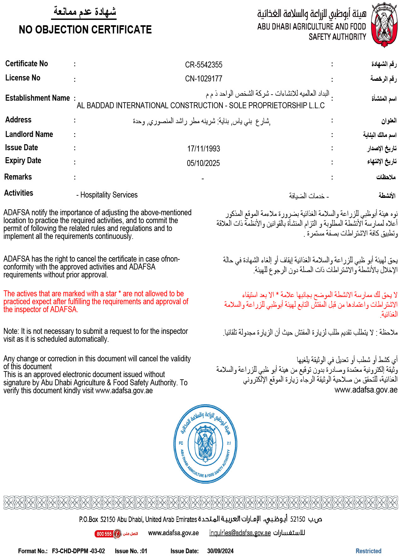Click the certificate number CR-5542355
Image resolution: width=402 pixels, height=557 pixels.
(x=204, y=65)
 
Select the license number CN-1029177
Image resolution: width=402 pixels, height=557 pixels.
(x=204, y=79)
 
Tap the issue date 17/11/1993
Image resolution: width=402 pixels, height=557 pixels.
(x=204, y=149)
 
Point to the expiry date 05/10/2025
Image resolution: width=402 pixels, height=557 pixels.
(x=203, y=163)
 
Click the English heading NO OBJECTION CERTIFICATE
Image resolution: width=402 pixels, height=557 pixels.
(x=85, y=30)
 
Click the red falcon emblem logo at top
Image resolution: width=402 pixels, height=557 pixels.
(x=384, y=25)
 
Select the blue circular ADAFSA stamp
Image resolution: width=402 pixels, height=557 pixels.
(x=205, y=444)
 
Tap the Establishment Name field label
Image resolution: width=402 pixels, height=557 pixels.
(x=38, y=98)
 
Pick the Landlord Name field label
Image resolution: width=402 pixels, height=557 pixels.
(x=29, y=134)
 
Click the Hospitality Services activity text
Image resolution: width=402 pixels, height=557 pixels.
(x=109, y=195)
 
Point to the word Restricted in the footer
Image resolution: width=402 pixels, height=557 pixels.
(x=368, y=551)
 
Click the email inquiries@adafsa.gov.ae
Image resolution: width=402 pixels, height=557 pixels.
(x=240, y=533)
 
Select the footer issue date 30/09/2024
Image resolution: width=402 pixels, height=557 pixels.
(x=220, y=551)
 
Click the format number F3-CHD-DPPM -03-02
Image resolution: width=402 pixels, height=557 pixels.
(x=79, y=551)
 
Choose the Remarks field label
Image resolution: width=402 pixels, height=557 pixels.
(x=18, y=177)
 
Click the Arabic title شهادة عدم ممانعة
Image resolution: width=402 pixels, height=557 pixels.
(x=85, y=12)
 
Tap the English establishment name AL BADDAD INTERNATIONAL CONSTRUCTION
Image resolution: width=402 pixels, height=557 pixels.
(x=201, y=106)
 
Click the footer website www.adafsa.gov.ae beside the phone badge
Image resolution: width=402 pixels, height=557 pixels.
(x=173, y=533)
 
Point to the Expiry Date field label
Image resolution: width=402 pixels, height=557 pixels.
(x=23, y=161)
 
